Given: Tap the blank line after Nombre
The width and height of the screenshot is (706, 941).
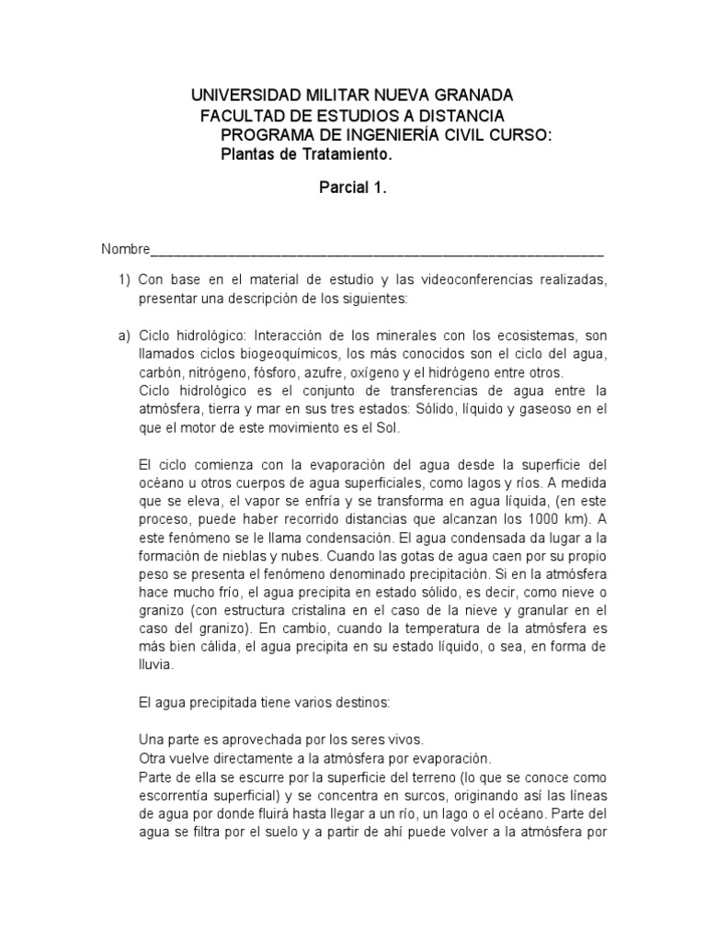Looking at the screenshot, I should [377, 253].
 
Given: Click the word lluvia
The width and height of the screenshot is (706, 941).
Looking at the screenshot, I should [154, 666].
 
